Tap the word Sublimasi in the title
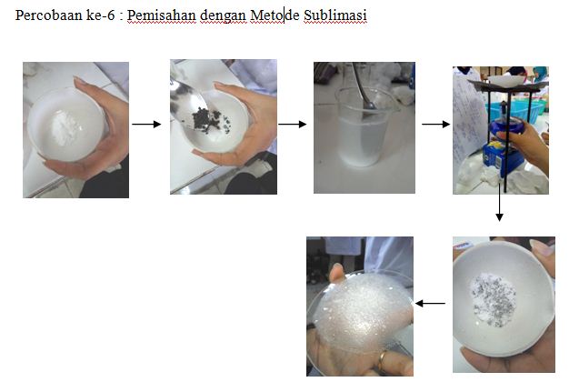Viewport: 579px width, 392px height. (x=335, y=15)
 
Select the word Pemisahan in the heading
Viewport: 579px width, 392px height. (x=162, y=15)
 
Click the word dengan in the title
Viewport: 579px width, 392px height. (x=223, y=16)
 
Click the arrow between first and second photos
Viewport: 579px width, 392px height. (x=146, y=124)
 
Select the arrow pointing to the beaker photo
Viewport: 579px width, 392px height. (x=292, y=124)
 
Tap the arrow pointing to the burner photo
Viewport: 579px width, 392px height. (x=435, y=124)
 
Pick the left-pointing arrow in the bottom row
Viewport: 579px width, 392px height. (x=430, y=304)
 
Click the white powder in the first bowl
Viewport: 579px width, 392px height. (x=65, y=130)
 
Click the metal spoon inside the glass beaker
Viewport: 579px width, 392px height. (x=363, y=88)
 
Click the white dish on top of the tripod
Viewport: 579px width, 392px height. (x=503, y=80)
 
